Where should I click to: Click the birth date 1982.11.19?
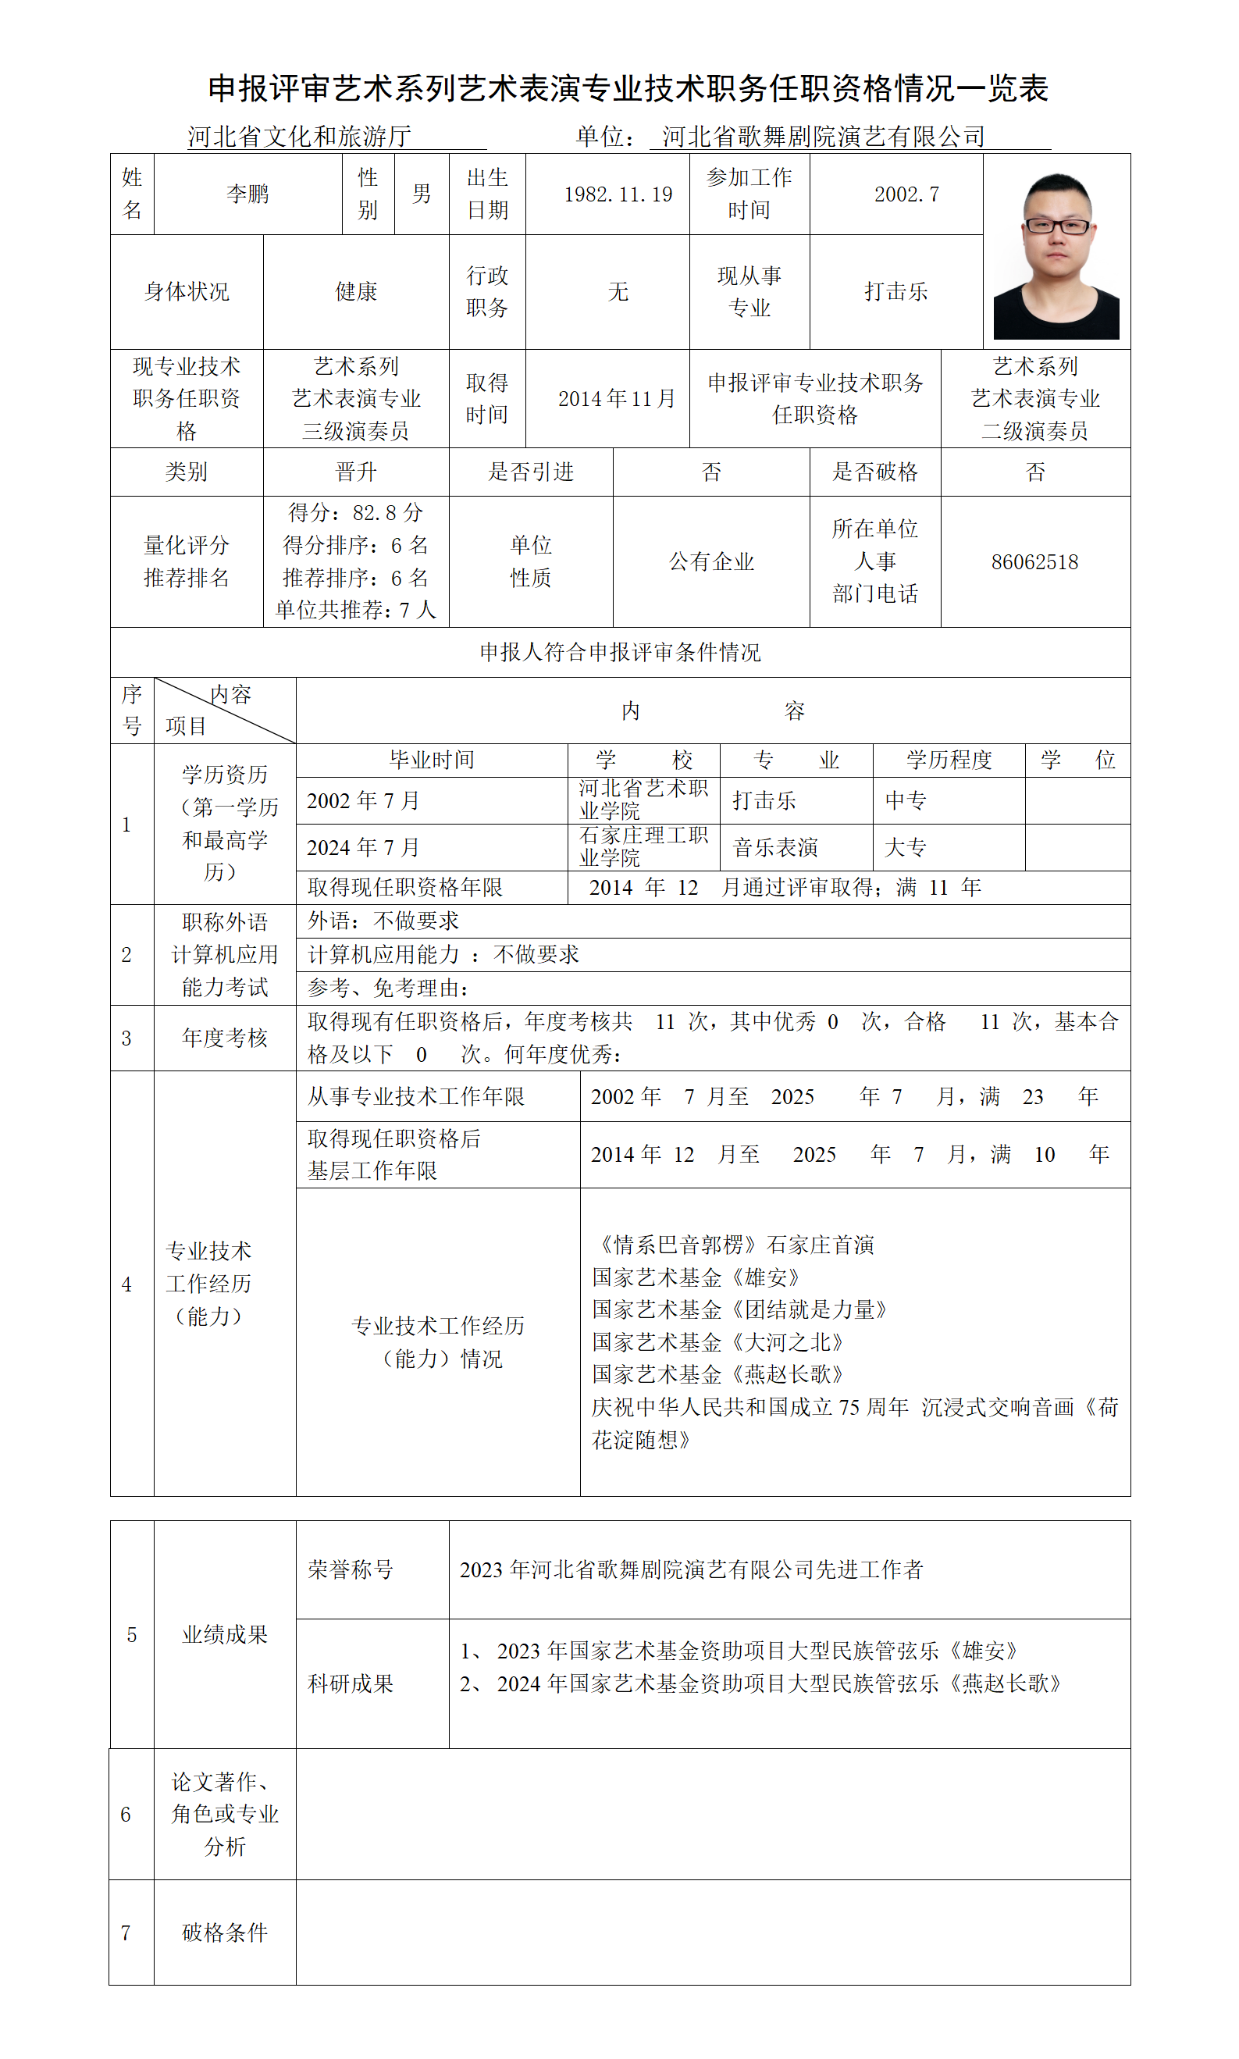(618, 194)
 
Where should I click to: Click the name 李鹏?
(248, 194)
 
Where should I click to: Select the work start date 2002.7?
(906, 194)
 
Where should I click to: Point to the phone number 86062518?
(1034, 562)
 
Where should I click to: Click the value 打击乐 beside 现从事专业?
(895, 291)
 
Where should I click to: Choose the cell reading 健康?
(357, 291)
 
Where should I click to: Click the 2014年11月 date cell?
(616, 399)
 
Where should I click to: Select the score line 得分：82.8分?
(356, 513)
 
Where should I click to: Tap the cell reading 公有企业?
(711, 562)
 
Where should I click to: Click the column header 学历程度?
(949, 760)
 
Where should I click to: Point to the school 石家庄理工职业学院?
(644, 846)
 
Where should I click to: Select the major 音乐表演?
(775, 848)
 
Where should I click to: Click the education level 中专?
(906, 801)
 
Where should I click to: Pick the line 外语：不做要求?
(383, 921)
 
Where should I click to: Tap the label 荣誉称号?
(351, 1569)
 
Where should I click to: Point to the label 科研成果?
(351, 1683)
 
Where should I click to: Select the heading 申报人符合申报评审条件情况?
(621, 652)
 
